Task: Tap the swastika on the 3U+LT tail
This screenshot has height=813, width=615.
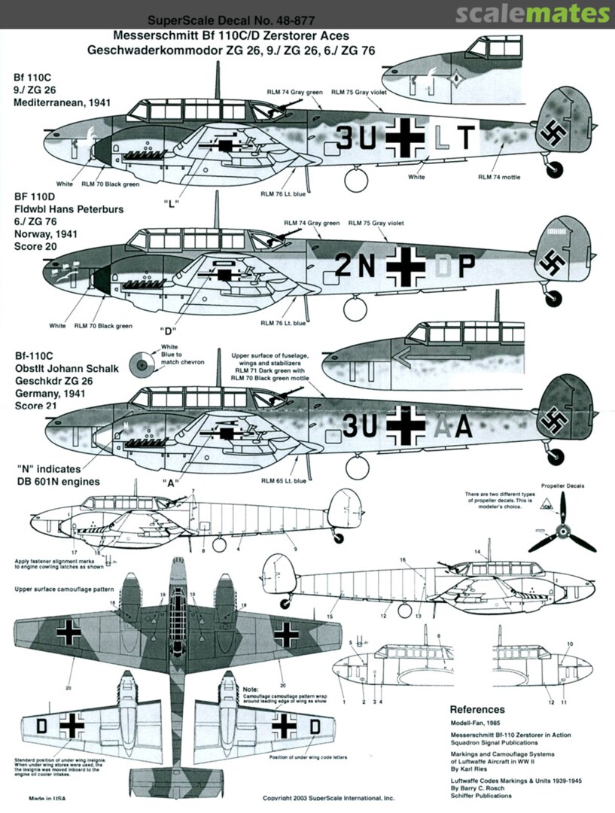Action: coord(552,134)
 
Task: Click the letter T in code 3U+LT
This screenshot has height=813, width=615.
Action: coord(467,137)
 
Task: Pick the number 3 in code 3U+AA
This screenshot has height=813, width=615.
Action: coord(351,426)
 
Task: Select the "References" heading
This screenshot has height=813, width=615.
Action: coord(477,709)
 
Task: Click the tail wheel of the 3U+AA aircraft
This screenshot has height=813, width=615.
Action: coord(556,455)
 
